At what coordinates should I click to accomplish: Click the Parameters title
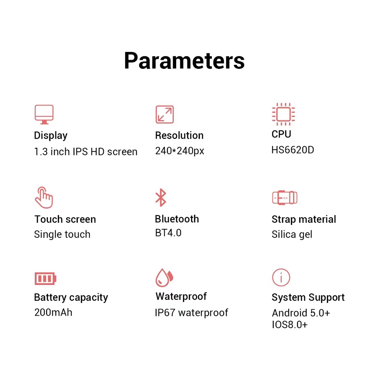pos(184,61)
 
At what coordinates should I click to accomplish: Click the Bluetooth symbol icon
pos(161,198)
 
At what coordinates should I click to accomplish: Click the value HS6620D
pos(293,150)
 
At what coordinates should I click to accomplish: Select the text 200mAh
pos(53,312)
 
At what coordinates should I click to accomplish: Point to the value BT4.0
pos(168,233)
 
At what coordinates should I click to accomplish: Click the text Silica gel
pos(292,234)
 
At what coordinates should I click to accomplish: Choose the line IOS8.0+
pos(290,325)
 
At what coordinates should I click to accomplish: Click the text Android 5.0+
pos(301,313)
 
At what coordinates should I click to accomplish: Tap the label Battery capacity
pos(71,298)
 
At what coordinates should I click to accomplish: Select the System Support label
pos(308,298)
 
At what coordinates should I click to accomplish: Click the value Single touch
pos(62,235)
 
